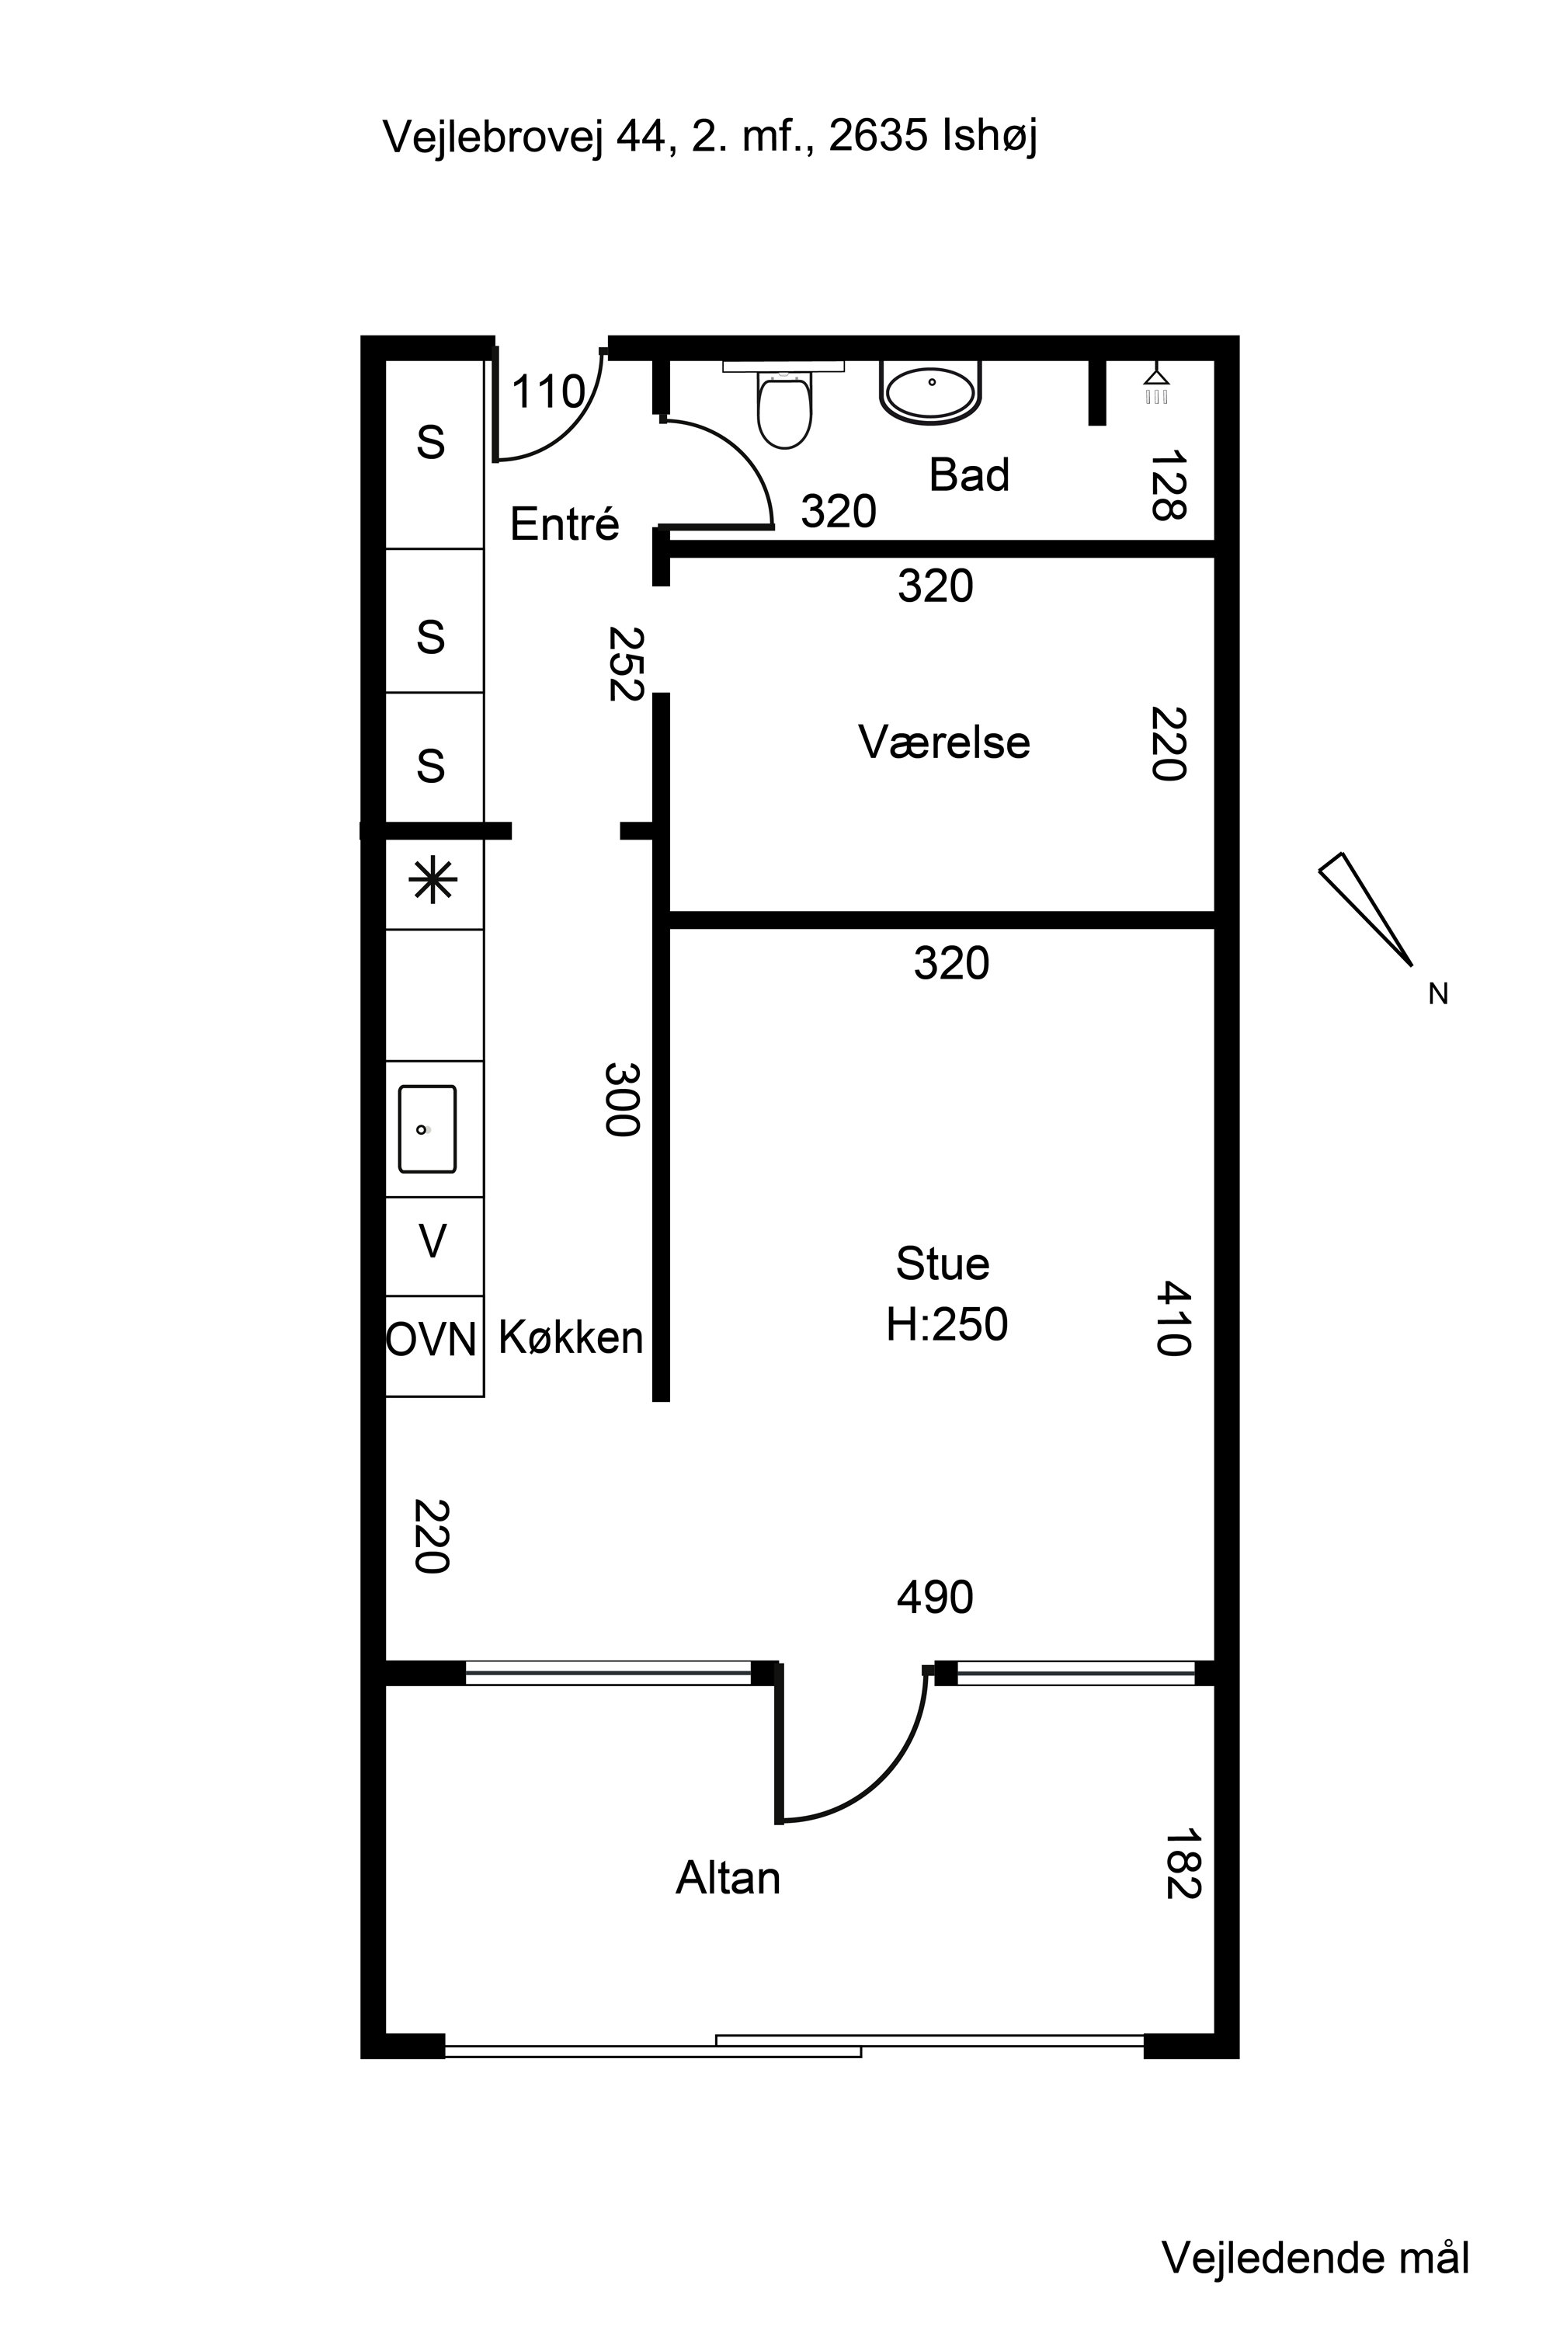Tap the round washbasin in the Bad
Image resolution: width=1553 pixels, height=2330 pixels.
[x=930, y=392]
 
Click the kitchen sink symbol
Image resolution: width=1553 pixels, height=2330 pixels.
[x=427, y=1129]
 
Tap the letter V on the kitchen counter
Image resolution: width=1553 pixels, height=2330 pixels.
[x=433, y=1241]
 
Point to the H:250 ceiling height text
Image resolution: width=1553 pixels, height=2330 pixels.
[x=947, y=1324]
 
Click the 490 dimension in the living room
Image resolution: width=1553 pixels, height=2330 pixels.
[x=935, y=1598]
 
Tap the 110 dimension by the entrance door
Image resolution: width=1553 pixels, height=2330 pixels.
[x=547, y=392]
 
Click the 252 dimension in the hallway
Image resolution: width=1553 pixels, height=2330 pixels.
[x=626, y=664]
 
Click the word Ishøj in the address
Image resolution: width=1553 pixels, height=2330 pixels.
[x=988, y=137]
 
